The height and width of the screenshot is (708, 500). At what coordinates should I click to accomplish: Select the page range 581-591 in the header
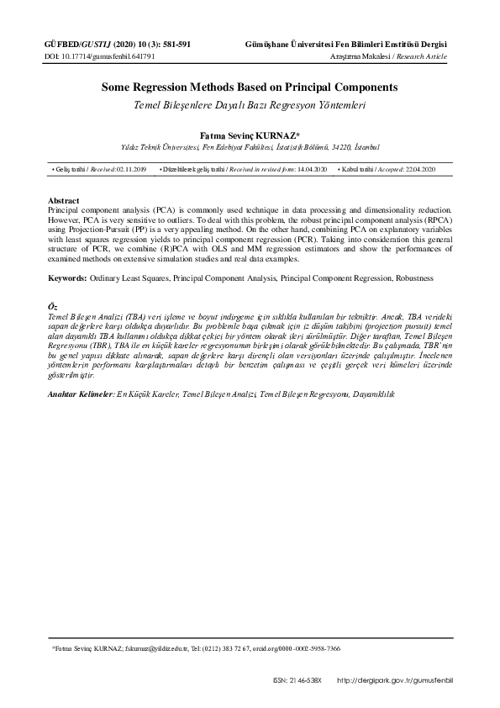tap(172, 44)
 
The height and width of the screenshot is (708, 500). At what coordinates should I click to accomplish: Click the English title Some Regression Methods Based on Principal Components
tap(250, 87)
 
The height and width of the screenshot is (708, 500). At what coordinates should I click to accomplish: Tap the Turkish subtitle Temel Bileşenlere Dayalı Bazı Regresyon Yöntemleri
tap(250, 106)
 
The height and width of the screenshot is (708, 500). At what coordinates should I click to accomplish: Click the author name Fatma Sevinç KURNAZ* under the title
tap(250, 134)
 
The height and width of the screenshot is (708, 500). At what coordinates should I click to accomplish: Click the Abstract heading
tap(64, 201)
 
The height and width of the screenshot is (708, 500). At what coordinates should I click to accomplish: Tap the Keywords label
tap(69, 277)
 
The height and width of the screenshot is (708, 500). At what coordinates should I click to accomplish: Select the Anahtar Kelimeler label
tap(82, 394)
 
